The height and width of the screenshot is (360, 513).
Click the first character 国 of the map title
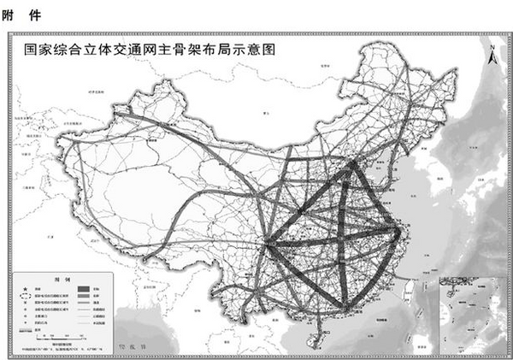(31, 50)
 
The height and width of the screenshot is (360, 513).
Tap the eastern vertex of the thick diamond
(398, 228)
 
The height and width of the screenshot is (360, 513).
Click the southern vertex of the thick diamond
(345, 305)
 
